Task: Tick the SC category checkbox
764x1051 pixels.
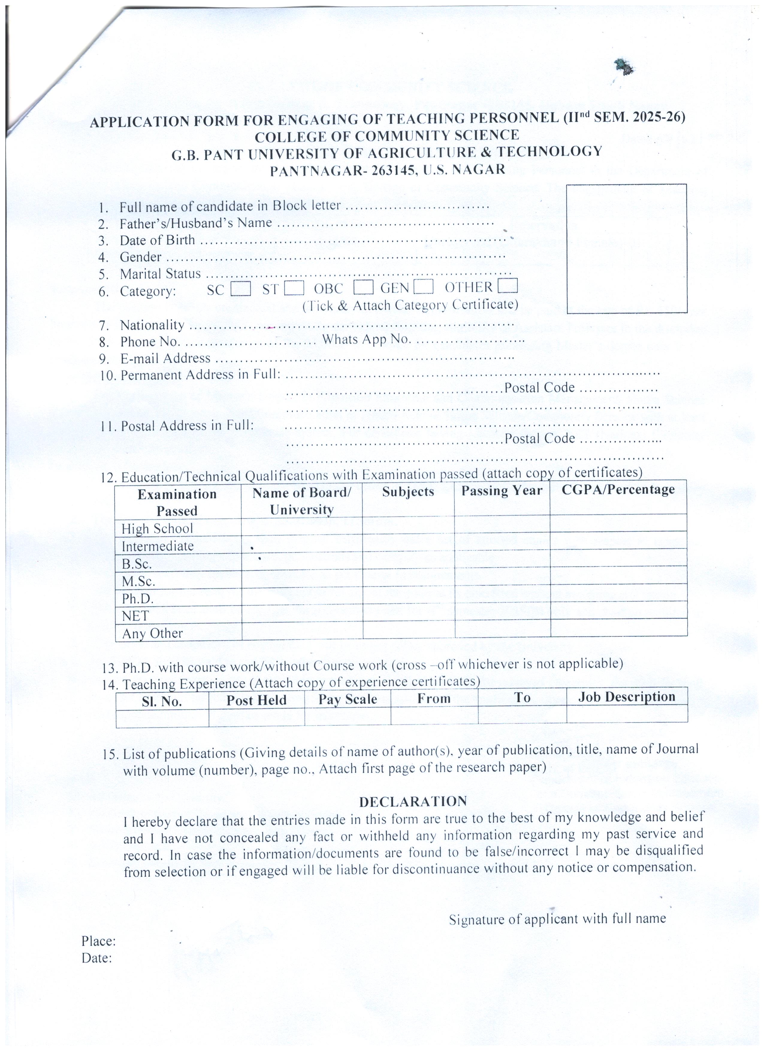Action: (241, 289)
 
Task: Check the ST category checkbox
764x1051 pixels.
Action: (294, 289)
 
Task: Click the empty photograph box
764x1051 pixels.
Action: (626, 248)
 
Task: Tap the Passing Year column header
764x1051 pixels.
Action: (501, 491)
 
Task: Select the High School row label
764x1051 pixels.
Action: (157, 529)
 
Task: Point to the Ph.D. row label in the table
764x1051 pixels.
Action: (138, 599)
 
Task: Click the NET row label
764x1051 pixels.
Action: (135, 616)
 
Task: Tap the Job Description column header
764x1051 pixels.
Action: (626, 697)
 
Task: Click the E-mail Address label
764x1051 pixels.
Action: (165, 358)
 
